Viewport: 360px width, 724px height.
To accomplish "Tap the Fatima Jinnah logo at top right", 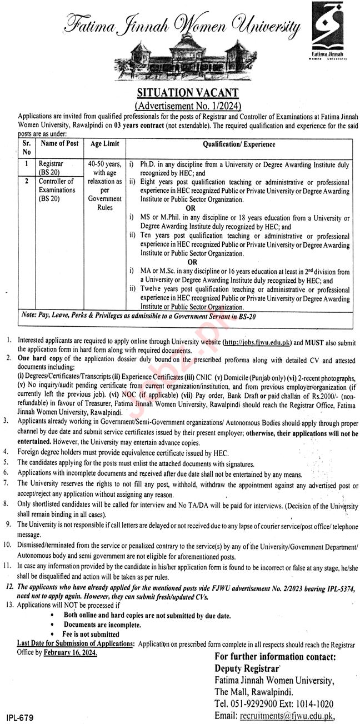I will pos(328,31).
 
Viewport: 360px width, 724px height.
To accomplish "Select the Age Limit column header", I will pos(104,144).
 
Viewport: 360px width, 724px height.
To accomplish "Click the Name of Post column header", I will pos(60,144).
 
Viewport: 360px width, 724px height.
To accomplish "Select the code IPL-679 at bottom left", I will pos(19,718).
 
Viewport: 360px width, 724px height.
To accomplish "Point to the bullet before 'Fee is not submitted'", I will pos(52,634).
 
